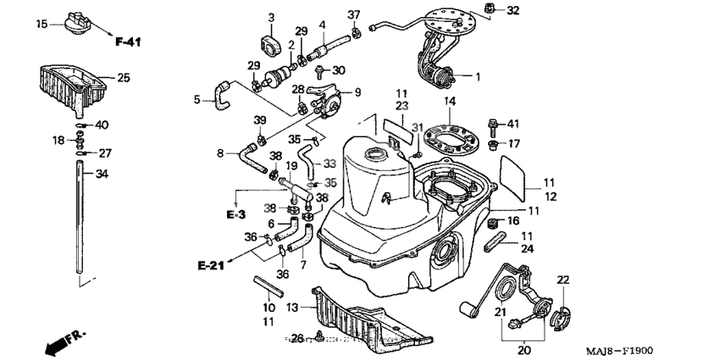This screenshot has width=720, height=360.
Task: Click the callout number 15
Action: [x=41, y=25]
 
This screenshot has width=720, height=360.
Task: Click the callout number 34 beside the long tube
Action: [x=102, y=175]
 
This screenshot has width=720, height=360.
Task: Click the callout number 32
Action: [x=513, y=11]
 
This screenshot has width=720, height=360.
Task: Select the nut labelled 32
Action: [x=490, y=9]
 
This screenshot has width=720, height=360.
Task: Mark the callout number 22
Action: [x=563, y=279]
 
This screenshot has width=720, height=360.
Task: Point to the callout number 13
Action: [x=292, y=307]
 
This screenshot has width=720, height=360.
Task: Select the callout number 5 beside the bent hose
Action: [x=197, y=99]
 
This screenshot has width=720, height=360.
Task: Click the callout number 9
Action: [x=357, y=91]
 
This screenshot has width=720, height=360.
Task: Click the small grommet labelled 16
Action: [x=492, y=223]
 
